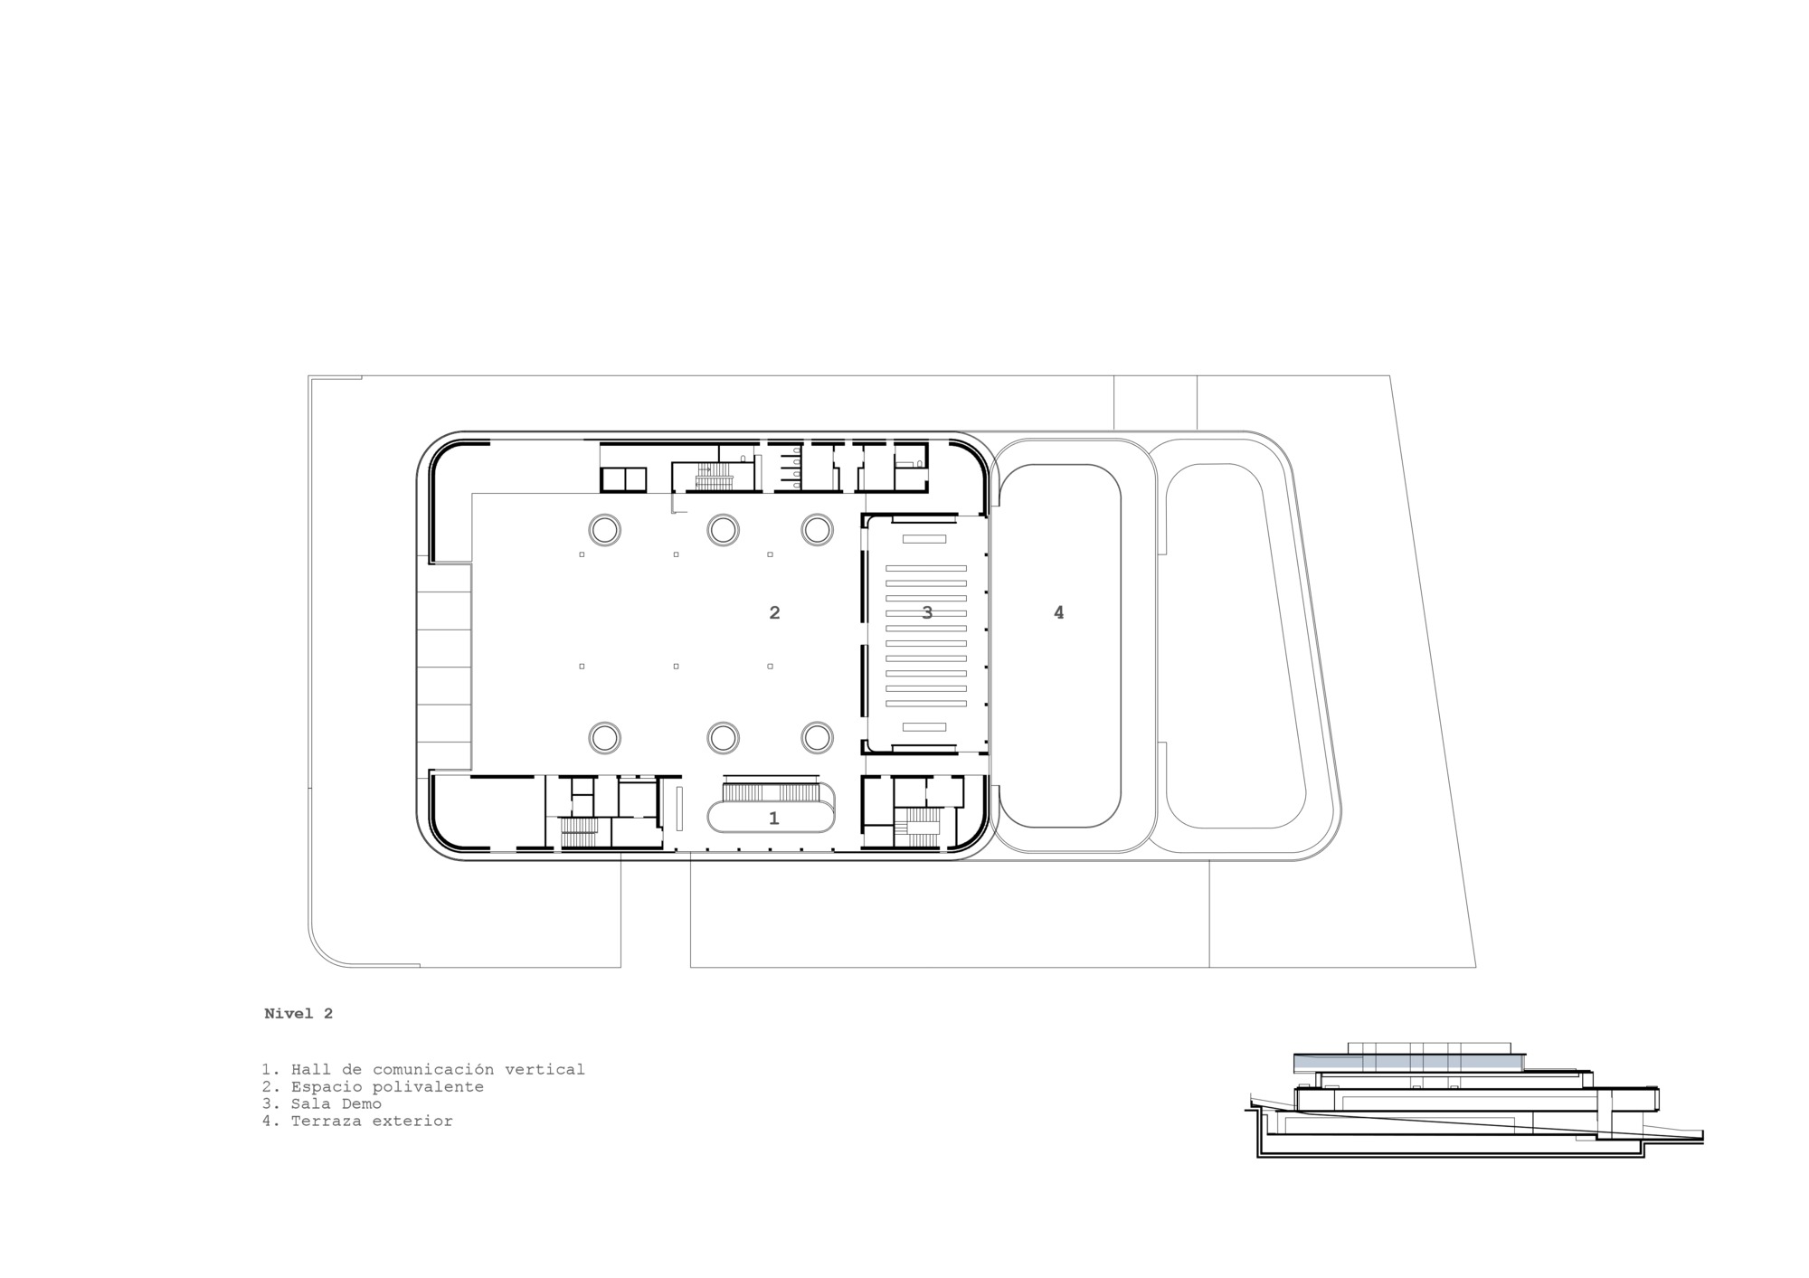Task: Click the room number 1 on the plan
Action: pos(773,819)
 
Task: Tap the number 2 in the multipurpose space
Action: pos(774,612)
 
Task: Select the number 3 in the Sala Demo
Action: pos(927,612)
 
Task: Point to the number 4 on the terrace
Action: pos(1058,612)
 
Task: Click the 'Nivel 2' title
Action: pos(298,1014)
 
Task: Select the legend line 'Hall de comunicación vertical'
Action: pos(423,1069)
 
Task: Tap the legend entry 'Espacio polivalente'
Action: pos(373,1086)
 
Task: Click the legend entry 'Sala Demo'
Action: pos(322,1103)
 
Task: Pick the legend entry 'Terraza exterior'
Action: pos(357,1121)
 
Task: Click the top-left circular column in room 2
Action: pos(604,529)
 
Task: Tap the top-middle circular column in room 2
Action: pos(723,529)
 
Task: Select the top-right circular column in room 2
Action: pos(817,529)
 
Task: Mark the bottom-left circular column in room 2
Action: pos(604,738)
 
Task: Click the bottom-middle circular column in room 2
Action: pos(723,738)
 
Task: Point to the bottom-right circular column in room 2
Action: pos(817,738)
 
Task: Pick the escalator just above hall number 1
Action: pos(771,792)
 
